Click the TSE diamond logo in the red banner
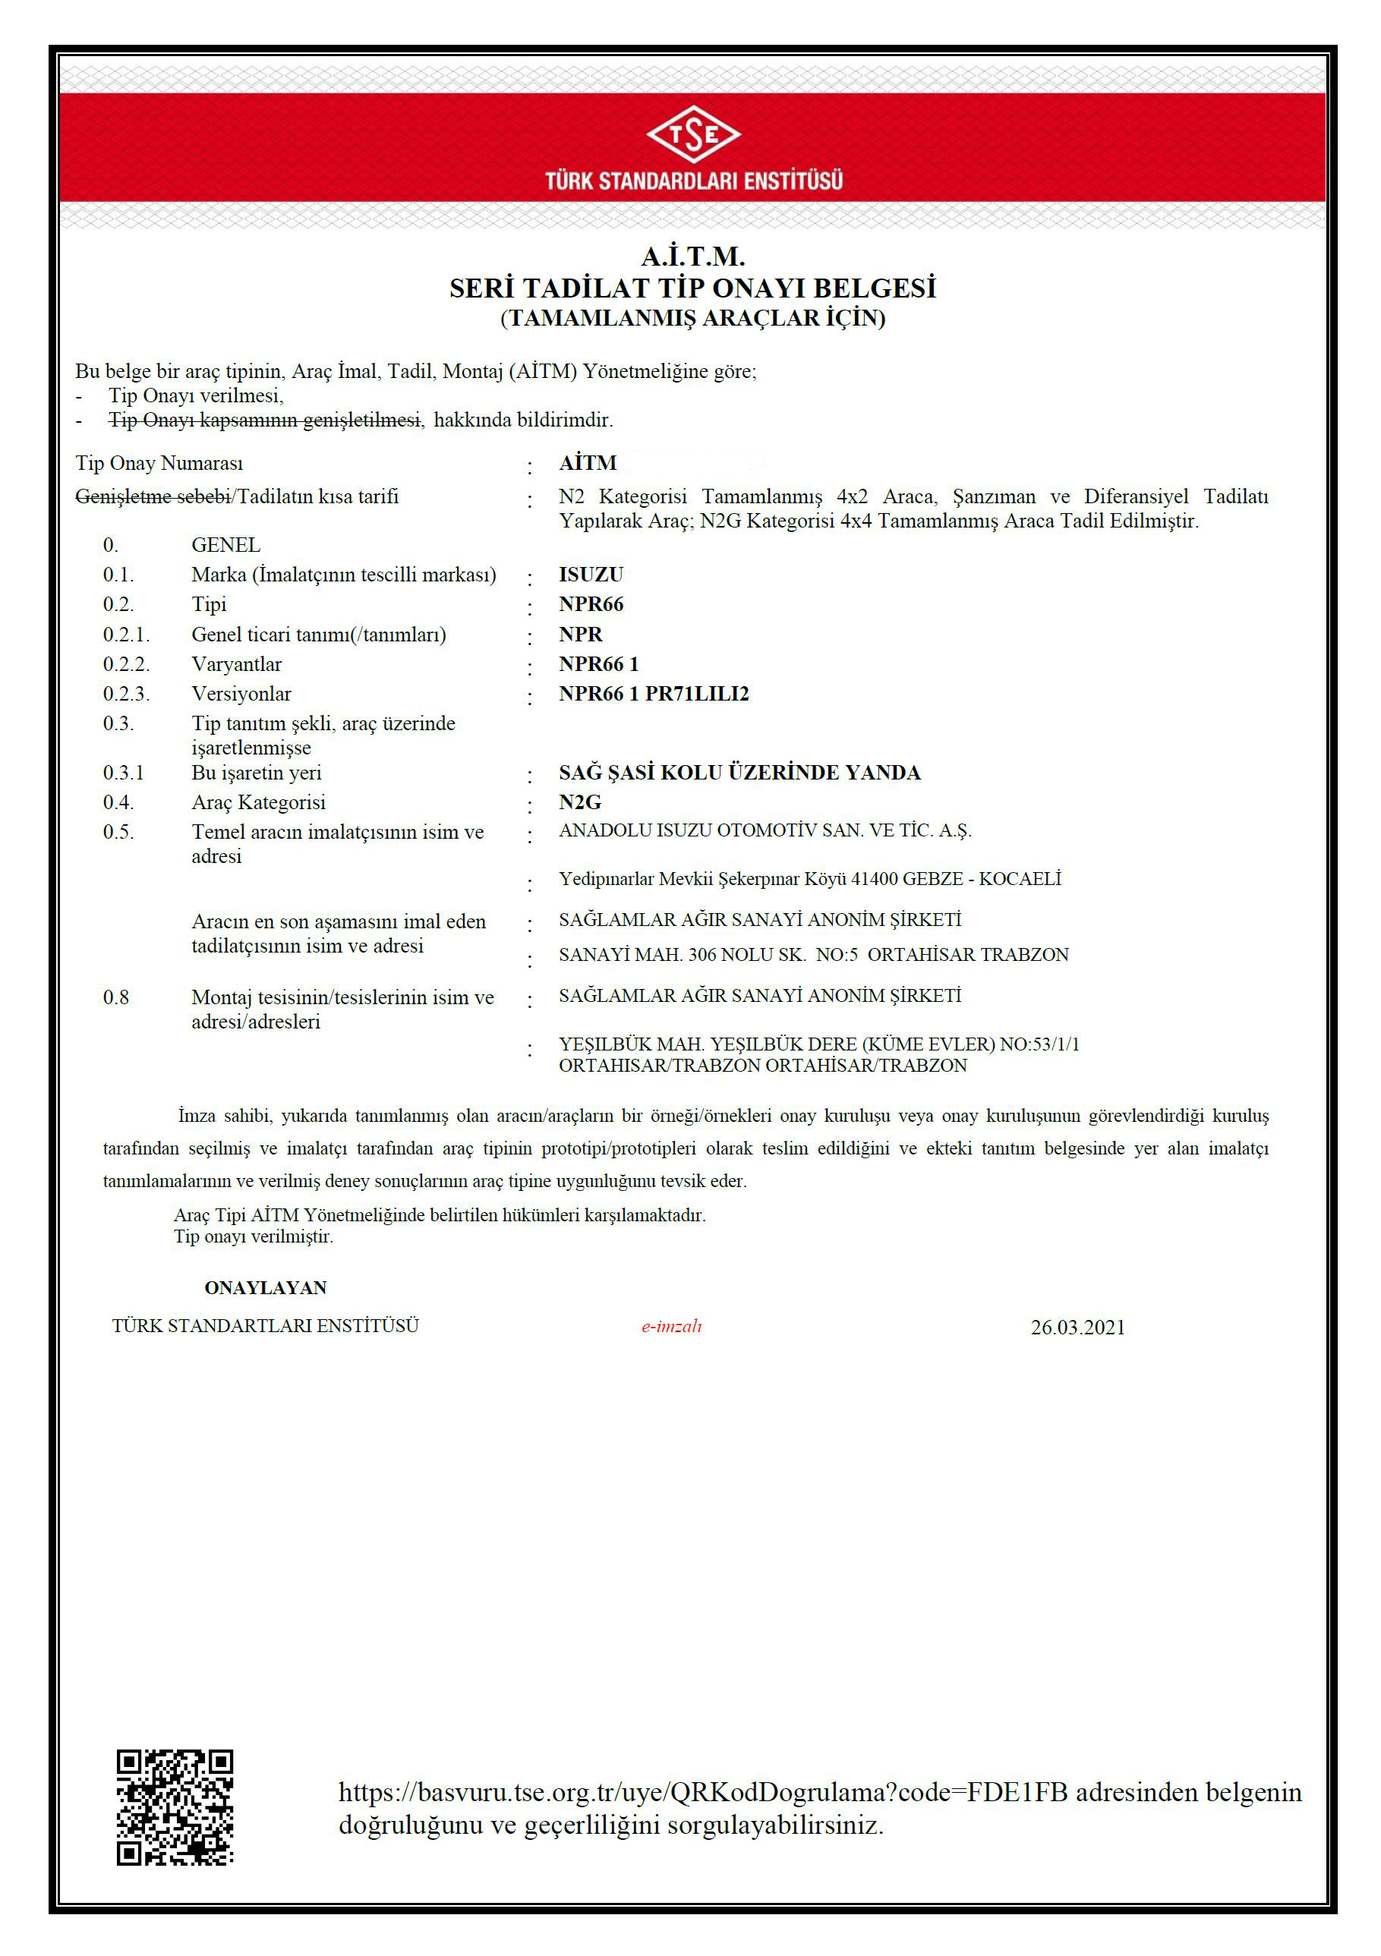pos(692,133)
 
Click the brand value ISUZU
pos(591,575)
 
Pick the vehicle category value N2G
pos(579,802)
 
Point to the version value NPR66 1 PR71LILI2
pos(654,695)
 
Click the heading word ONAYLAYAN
pos(265,1287)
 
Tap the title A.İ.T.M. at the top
pos(692,257)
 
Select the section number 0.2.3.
pos(126,695)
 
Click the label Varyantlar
pos(236,664)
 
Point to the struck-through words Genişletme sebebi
pos(153,496)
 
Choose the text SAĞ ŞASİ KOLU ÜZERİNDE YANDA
pos(739,773)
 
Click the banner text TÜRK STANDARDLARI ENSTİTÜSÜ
pos(693,181)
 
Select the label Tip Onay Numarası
pos(159,464)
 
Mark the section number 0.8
pos(116,997)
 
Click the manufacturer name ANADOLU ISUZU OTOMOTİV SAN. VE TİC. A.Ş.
pos(765,830)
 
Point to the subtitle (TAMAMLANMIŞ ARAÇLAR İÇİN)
pos(692,319)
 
